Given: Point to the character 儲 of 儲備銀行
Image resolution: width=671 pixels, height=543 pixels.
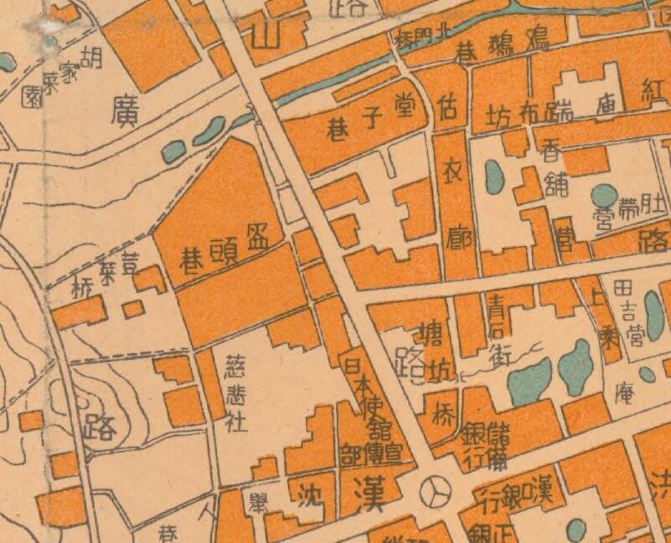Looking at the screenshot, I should click(x=498, y=435).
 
